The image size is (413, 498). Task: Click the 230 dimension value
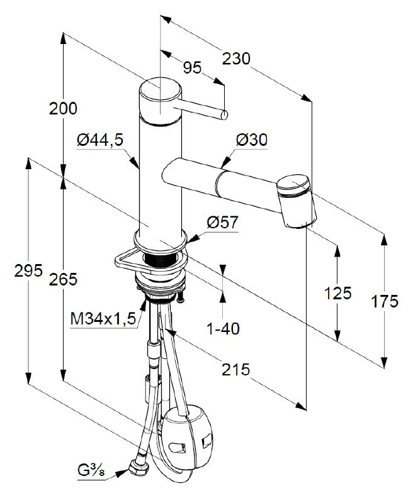click(x=236, y=58)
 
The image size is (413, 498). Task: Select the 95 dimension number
click(x=193, y=68)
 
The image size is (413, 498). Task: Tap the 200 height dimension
click(x=63, y=109)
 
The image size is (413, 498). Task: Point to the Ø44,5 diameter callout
click(x=100, y=140)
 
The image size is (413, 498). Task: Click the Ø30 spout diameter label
click(x=252, y=140)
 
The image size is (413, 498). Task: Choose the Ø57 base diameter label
click(x=222, y=223)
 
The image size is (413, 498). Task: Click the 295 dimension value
click(x=28, y=270)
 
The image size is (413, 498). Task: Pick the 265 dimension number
click(x=63, y=279)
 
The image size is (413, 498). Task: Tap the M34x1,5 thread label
click(x=103, y=319)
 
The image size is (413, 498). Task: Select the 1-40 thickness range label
click(x=223, y=328)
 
